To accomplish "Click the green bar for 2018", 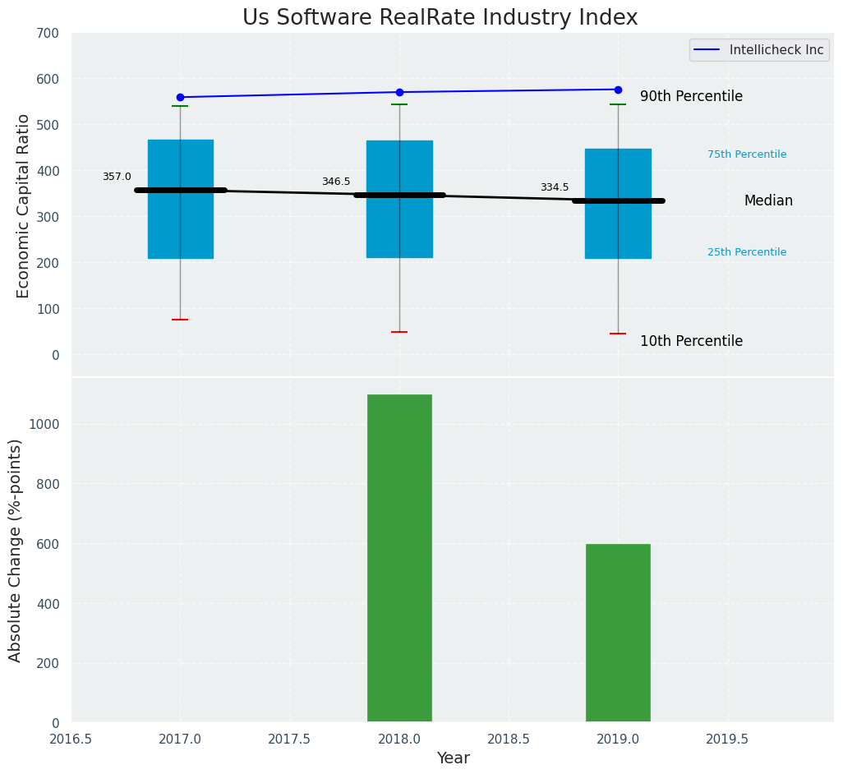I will pos(399,558).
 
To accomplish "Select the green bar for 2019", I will pos(618,633).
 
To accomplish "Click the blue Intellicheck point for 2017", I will pos(180,97).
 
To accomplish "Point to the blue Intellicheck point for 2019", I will pos(618,90).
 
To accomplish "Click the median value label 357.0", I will pos(117,177).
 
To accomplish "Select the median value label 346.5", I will pos(336,182).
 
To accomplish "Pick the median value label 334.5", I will pos(555,187).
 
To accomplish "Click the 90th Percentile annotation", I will pos(691,96).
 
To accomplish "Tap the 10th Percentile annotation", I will pos(691,341).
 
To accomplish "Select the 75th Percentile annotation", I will pos(747,154).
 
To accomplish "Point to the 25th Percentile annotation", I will pos(747,252).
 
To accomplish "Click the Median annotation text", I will pos(768,200).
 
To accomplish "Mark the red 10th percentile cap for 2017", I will pos(180,320).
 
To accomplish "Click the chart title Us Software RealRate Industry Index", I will pos(440,18).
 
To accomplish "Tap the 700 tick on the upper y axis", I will pos(48,33).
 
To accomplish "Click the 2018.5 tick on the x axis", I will pos(509,739).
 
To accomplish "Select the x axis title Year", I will pos(453,758).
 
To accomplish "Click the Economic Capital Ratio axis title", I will pos(23,205).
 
